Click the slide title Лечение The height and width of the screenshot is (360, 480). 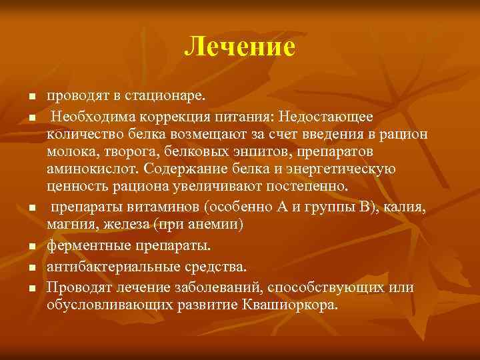239,47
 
